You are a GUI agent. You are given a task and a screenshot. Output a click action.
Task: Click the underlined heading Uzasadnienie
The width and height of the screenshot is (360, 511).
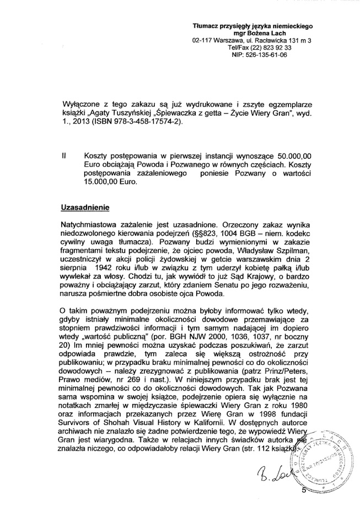click(x=85, y=208)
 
